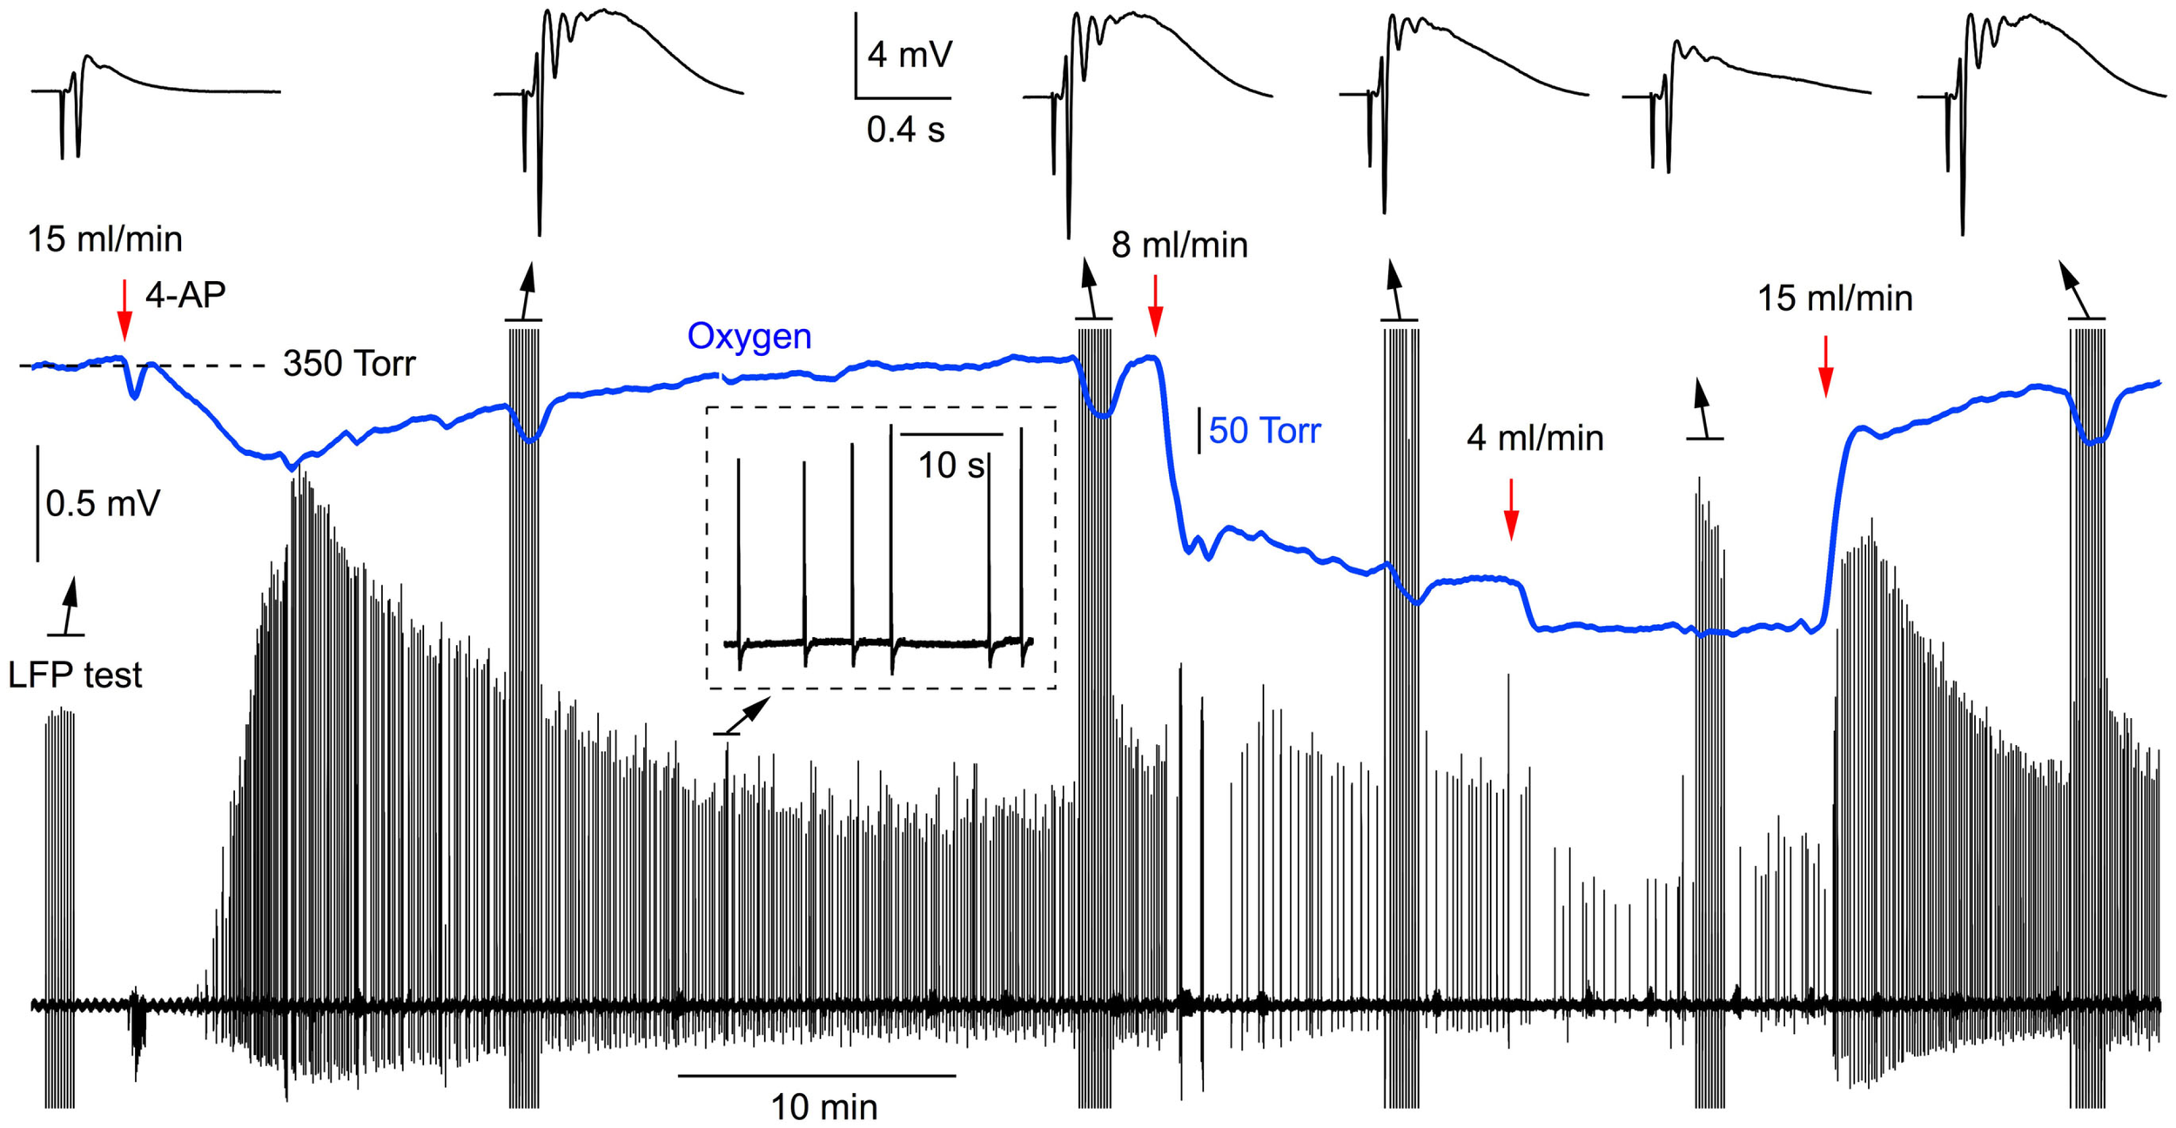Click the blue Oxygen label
coord(749,337)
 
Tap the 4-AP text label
coord(185,296)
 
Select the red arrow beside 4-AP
coord(124,310)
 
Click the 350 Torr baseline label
coord(349,364)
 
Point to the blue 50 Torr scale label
coord(1264,431)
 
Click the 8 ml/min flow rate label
coord(1179,245)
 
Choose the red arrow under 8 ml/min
coord(1155,305)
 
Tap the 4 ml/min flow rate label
coord(1535,438)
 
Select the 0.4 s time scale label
coord(905,131)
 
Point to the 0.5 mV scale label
coord(103,504)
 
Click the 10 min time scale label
coord(823,1108)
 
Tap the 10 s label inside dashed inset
coord(951,466)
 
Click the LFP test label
coord(75,675)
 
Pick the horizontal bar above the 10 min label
coord(816,1076)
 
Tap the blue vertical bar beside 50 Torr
coord(1199,431)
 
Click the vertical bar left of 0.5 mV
coord(37,503)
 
